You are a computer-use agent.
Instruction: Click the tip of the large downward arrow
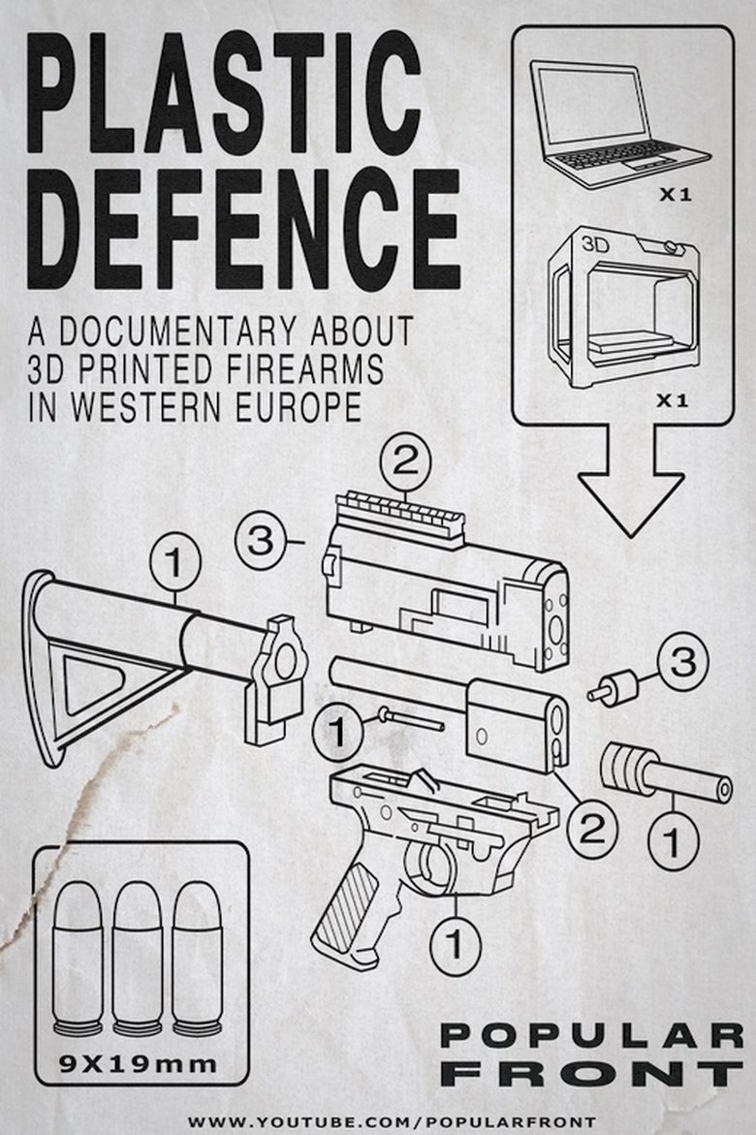(x=631, y=536)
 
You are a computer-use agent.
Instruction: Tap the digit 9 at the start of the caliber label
(x=68, y=1063)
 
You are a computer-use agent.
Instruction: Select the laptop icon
(x=619, y=124)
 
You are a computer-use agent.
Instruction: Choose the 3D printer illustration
(x=623, y=307)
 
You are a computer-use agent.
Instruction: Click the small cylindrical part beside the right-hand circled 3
(x=614, y=685)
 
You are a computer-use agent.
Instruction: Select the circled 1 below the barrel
(x=673, y=841)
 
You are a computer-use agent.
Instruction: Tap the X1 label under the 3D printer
(x=672, y=401)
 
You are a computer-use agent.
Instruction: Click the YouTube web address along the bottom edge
(x=393, y=1122)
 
